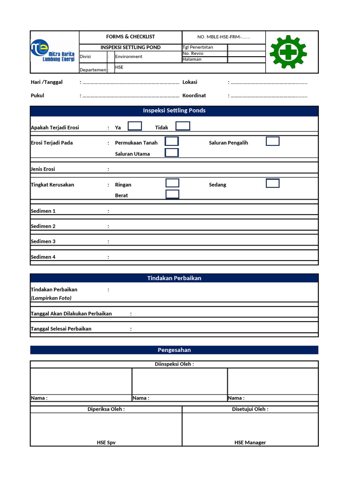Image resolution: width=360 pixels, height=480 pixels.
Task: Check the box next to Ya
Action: click(135, 126)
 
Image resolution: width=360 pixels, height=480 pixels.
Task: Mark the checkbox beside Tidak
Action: click(183, 126)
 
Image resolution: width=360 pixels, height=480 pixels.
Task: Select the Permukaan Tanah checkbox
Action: click(172, 142)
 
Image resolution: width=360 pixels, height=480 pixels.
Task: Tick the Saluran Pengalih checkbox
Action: click(273, 142)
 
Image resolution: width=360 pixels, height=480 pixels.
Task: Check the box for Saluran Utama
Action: click(172, 153)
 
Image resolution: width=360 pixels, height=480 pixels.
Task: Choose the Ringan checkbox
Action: click(172, 183)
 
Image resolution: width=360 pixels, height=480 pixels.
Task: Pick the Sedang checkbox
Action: click(273, 183)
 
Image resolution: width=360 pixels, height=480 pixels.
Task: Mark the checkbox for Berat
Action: click(172, 195)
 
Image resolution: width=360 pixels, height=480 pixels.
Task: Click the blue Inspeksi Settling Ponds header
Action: click(174, 111)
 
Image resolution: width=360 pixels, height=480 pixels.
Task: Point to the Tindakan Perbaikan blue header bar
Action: click(174, 278)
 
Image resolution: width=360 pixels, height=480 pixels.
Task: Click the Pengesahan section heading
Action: click(174, 350)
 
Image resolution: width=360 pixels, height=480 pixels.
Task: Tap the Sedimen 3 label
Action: click(43, 241)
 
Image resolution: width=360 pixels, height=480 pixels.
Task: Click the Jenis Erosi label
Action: click(43, 169)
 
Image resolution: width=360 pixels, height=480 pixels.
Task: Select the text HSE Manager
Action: click(250, 442)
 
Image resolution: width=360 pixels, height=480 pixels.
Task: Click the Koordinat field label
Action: click(194, 96)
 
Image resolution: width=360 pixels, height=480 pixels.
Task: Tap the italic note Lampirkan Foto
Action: click(51, 298)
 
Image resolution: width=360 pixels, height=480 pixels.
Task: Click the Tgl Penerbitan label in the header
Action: click(198, 47)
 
